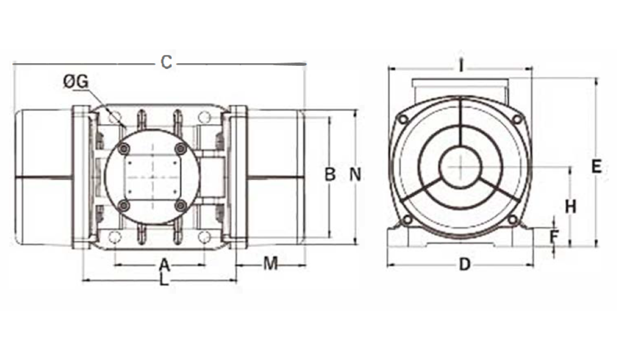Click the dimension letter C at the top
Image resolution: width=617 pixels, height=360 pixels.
pos(167,62)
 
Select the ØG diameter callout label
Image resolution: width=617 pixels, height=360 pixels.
pos(76,82)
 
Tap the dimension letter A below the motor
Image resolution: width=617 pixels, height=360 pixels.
pos(165,265)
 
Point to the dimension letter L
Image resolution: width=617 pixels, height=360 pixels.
pos(164,280)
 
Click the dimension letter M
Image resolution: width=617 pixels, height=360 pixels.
pos(271,263)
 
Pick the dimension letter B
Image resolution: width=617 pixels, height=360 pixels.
pos(330,174)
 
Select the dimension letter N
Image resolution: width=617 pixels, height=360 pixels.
pos(355,174)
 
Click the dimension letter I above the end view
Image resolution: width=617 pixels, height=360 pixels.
pos(461,66)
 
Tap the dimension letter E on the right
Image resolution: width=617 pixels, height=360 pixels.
pos(596,167)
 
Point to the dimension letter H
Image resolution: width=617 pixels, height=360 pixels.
pos(570,207)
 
